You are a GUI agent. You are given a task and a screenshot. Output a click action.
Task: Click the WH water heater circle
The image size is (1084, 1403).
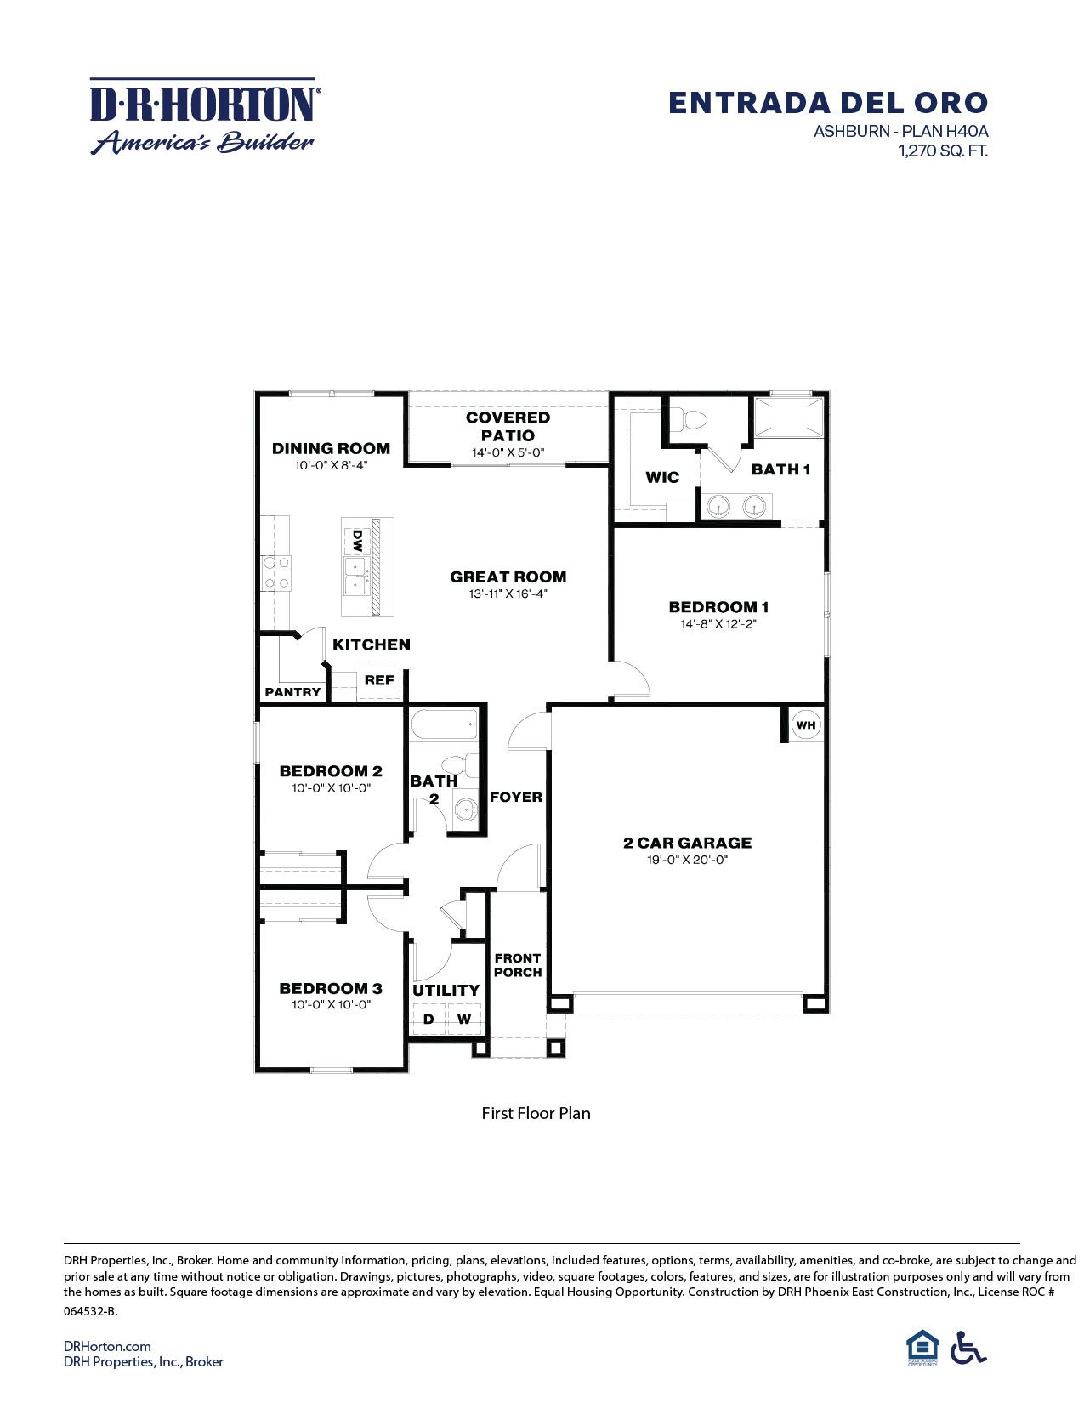click(x=805, y=725)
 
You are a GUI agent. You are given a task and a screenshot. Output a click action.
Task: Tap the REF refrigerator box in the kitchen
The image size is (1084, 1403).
click(x=379, y=680)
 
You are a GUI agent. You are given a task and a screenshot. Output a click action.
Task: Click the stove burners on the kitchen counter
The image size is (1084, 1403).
click(x=275, y=572)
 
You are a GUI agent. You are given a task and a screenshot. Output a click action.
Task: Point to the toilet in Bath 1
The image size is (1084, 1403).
click(x=690, y=420)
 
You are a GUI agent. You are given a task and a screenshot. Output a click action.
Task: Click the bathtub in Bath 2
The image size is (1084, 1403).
click(x=444, y=728)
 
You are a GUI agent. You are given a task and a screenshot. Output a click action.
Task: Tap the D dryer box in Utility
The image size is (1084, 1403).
click(x=428, y=1019)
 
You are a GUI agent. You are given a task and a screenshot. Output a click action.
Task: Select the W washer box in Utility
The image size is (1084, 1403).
click(x=464, y=1019)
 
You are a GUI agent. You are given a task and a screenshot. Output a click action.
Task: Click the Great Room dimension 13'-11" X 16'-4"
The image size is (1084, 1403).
click(x=508, y=594)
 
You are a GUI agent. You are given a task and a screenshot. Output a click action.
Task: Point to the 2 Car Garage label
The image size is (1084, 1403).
click(x=687, y=843)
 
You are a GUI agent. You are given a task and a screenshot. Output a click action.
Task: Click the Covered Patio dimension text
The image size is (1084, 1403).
click(x=508, y=453)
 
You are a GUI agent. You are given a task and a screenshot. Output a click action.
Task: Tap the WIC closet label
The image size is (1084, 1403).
click(x=662, y=477)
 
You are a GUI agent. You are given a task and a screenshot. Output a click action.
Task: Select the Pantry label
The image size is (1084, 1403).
click(x=292, y=692)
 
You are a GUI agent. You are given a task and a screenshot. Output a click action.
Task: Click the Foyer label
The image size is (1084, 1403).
click(x=515, y=797)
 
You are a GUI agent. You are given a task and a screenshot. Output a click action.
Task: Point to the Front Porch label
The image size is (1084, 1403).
click(x=518, y=965)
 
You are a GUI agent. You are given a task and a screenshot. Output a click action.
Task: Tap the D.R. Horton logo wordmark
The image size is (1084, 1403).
click(x=204, y=104)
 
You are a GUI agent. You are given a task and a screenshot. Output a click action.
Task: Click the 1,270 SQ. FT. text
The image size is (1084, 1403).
click(x=942, y=151)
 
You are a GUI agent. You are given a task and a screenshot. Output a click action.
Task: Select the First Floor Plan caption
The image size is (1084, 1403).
click(x=536, y=1113)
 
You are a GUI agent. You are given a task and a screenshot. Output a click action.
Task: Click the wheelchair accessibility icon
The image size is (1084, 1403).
click(x=968, y=1348)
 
